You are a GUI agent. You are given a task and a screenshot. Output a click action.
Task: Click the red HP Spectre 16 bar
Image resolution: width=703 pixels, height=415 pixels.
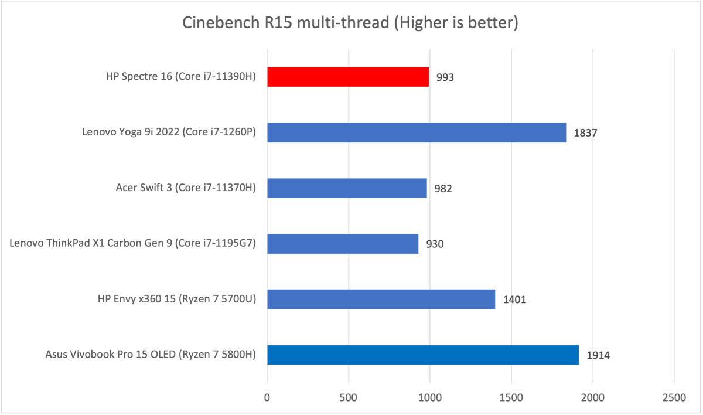(348, 77)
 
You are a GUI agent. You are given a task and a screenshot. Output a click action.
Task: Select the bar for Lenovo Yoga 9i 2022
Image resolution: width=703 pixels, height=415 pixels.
(417, 132)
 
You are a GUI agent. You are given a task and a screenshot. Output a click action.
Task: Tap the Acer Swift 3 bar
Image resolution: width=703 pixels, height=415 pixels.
(347, 188)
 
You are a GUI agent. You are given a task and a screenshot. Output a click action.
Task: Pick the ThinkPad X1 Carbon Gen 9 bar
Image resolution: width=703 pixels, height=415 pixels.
(343, 244)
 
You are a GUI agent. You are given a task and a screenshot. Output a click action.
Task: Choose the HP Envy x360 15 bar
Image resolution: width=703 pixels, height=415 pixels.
(381, 300)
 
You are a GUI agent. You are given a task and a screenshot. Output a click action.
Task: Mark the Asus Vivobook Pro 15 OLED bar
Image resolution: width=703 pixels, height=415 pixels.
(423, 355)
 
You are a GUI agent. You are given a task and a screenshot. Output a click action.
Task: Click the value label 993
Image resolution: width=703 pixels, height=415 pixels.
(445, 77)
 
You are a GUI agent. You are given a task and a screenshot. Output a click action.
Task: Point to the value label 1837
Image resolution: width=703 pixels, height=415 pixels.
(585, 133)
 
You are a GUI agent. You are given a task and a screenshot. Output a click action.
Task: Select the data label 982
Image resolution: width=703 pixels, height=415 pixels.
(443, 189)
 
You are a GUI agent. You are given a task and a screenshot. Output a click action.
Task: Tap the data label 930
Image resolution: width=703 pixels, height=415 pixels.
(435, 244)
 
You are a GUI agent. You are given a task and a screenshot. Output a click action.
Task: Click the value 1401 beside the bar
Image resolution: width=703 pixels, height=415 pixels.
(514, 300)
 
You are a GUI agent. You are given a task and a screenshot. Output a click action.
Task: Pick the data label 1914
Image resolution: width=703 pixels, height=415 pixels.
(598, 356)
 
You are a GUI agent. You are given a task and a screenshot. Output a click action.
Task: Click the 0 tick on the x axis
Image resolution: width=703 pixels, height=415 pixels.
(267, 397)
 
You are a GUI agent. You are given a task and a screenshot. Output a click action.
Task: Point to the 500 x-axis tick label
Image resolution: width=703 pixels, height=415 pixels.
(349, 397)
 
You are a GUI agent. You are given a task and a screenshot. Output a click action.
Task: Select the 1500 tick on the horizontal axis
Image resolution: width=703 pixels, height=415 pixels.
(511, 397)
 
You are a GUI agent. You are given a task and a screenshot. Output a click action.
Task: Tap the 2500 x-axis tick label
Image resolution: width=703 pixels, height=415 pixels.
(674, 397)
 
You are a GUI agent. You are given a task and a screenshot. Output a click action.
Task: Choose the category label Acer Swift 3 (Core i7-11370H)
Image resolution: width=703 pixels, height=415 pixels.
(186, 188)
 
